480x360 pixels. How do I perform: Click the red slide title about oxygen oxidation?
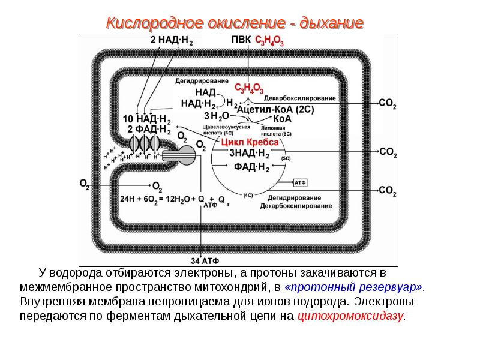pos(235,24)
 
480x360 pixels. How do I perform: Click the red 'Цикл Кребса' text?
pos(250,142)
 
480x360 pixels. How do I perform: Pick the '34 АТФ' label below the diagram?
pos(206,261)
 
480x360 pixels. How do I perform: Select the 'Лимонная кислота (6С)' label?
pos(276,130)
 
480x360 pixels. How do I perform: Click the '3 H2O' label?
pos(216,115)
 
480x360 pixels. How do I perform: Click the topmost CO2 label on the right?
pos(388,103)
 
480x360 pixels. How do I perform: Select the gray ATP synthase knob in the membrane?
pos(187,155)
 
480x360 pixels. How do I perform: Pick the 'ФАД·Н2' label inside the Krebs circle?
pos(250,166)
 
